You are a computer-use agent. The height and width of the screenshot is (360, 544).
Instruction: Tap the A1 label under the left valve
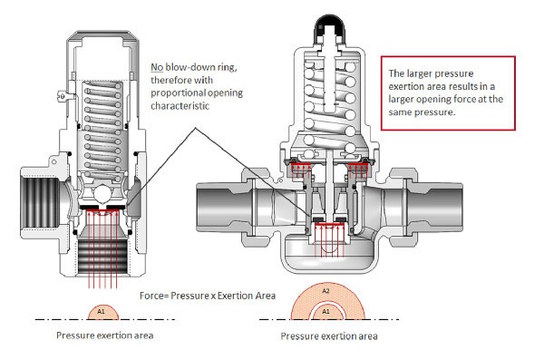[x=101, y=313]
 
